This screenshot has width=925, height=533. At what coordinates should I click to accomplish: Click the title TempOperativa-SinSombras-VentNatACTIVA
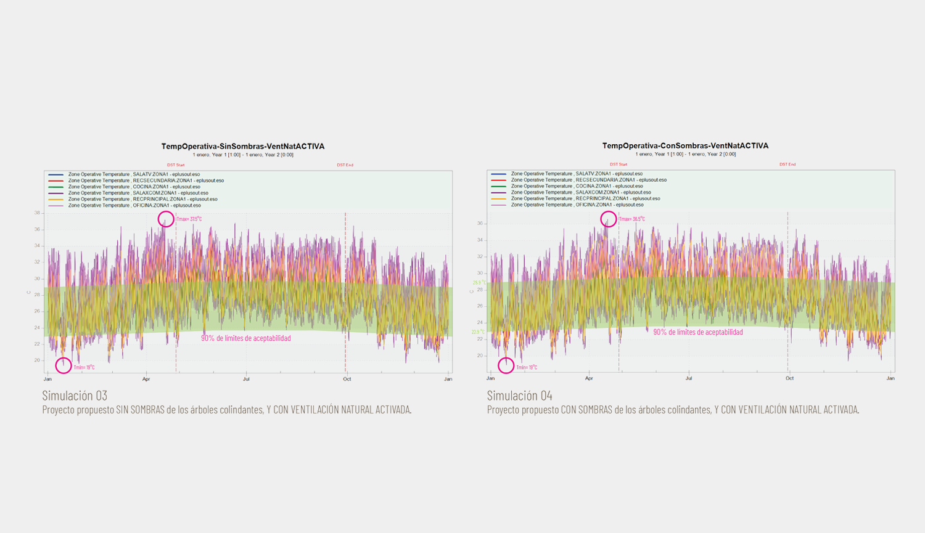click(x=243, y=146)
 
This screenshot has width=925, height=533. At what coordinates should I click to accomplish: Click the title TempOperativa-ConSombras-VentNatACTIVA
click(x=685, y=145)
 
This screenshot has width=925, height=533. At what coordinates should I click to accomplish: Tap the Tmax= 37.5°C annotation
click(x=189, y=219)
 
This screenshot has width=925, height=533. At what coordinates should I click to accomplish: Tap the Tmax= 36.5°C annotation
click(x=632, y=219)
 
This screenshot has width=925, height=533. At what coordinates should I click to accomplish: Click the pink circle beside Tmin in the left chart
click(x=64, y=365)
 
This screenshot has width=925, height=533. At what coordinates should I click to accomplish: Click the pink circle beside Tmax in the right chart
click(x=609, y=219)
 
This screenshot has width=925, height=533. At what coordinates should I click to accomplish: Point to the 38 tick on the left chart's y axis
click(x=37, y=213)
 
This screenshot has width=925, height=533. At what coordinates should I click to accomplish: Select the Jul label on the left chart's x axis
click(x=247, y=379)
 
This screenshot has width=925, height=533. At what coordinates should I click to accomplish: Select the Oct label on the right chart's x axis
click(x=789, y=378)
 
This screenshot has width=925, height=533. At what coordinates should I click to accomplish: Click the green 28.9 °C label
click(x=479, y=283)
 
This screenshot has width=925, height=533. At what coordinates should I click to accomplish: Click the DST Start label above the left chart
click(x=176, y=165)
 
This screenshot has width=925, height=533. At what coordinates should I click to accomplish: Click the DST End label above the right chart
click(x=787, y=165)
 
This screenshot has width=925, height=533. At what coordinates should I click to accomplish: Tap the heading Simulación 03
click(x=75, y=395)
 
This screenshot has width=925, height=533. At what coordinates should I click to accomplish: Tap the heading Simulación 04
click(x=519, y=395)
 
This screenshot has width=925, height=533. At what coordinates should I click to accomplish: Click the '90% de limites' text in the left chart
click(x=245, y=338)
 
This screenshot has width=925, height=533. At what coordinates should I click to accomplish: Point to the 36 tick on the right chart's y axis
click(x=480, y=224)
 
